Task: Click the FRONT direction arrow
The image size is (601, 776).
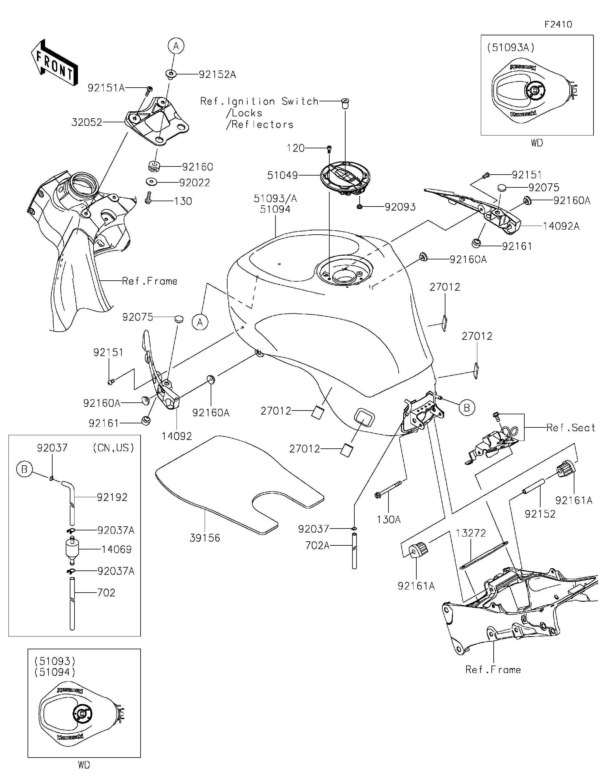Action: tap(54, 63)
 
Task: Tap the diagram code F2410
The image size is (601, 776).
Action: tap(558, 24)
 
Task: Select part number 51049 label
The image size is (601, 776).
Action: tap(282, 175)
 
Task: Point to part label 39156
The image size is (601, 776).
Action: tap(205, 538)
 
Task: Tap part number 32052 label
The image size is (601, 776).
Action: tap(87, 122)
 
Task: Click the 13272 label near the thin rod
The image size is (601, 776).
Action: tap(471, 533)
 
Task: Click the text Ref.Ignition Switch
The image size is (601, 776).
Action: tap(259, 101)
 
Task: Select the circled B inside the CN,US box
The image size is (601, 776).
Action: tap(24, 469)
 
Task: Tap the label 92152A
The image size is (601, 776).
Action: tap(217, 74)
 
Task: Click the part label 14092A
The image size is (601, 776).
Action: tap(561, 226)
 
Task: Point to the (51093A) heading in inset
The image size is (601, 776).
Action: tap(511, 48)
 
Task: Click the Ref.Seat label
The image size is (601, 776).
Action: tap(571, 428)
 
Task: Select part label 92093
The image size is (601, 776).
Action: tap(400, 207)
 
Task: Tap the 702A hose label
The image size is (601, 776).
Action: tap(317, 545)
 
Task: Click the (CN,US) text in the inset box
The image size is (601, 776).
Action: tap(114, 448)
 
